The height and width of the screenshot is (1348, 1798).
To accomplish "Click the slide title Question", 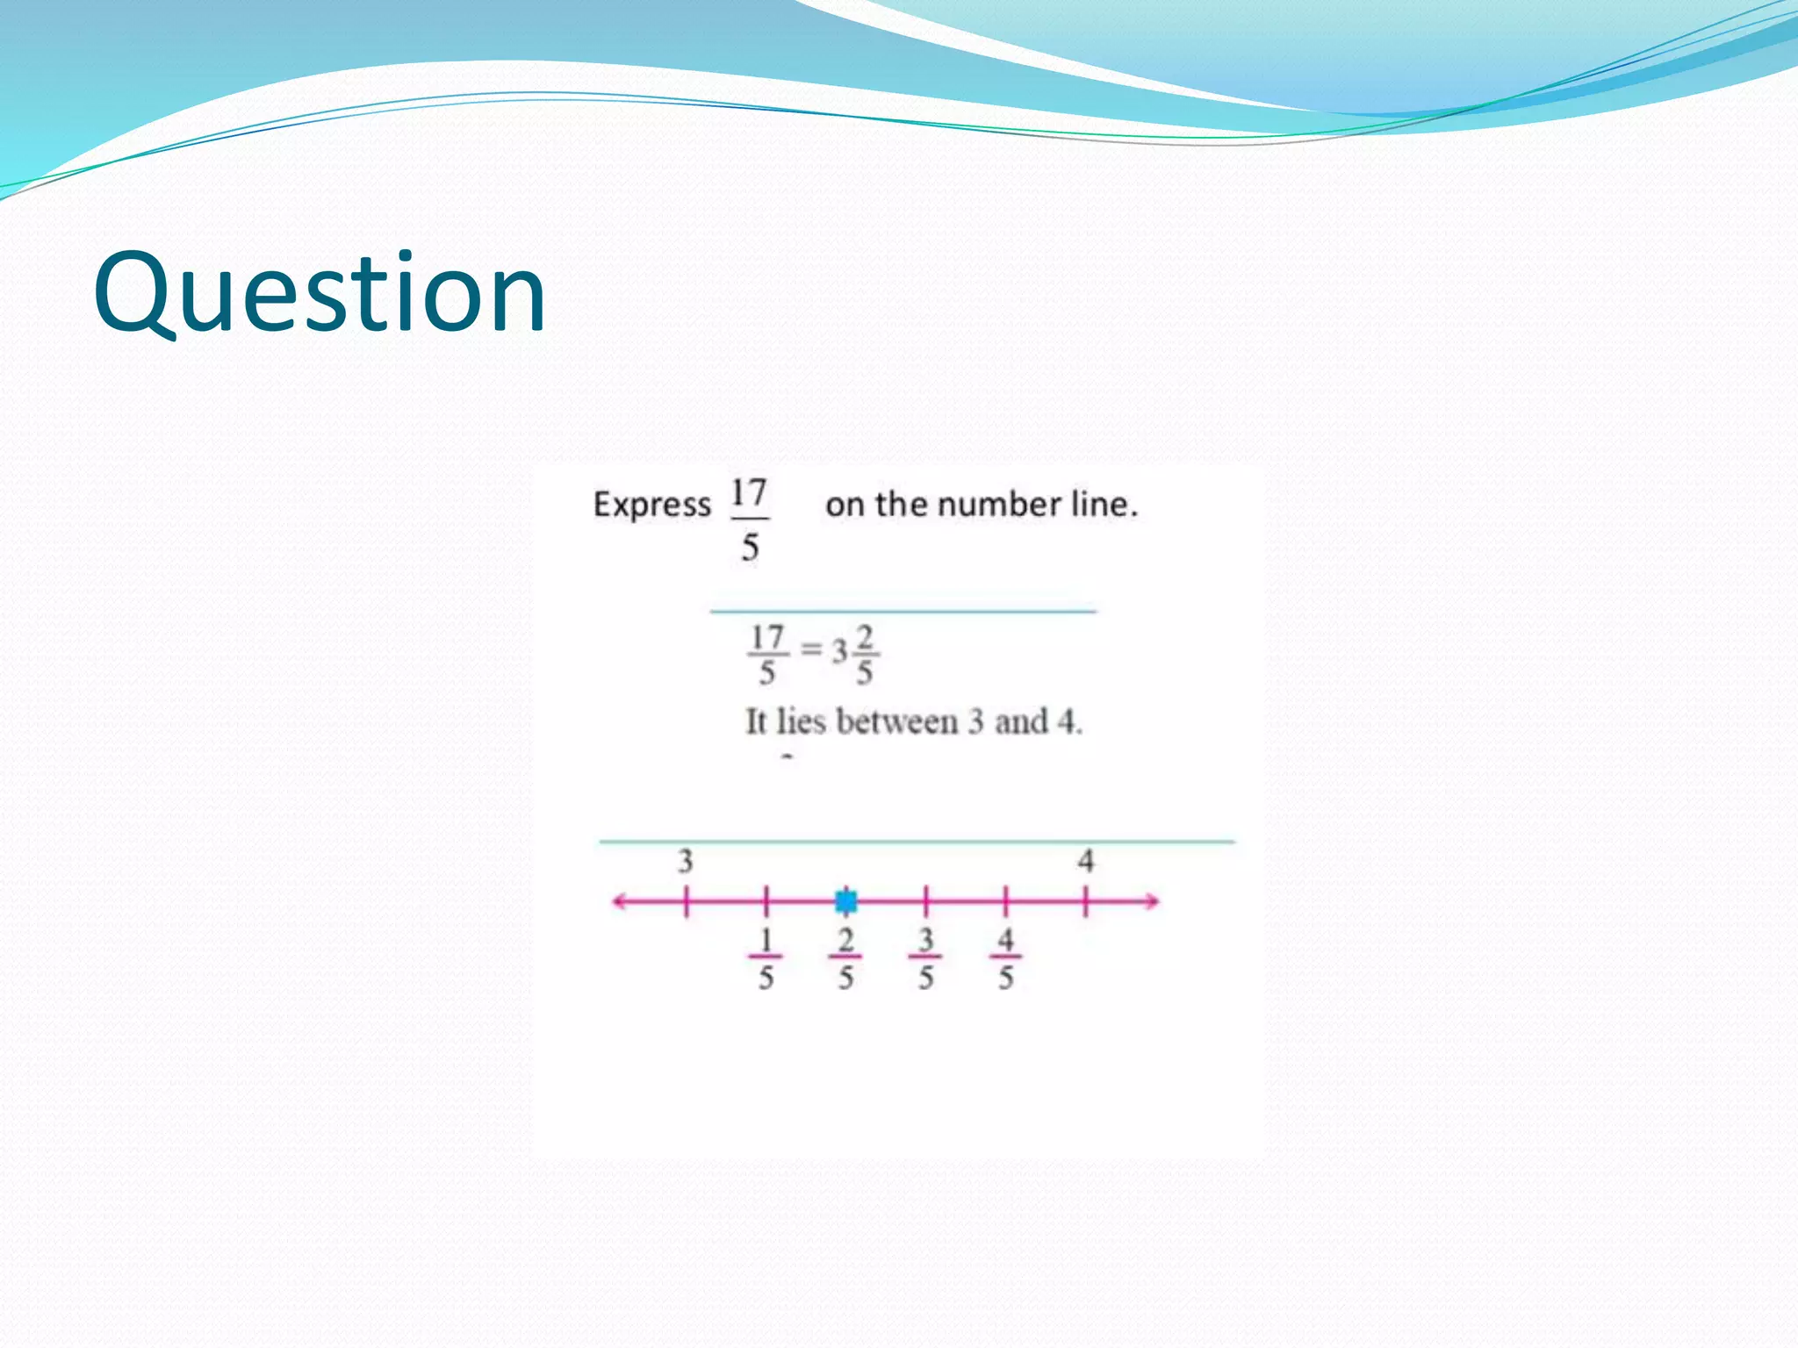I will click(320, 294).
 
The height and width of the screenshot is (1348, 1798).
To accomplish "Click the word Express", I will click(651, 505).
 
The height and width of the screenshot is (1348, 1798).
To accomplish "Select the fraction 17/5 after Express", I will click(749, 520).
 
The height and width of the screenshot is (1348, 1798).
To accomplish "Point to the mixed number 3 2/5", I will click(854, 654).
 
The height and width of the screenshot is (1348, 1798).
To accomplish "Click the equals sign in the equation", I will click(811, 650).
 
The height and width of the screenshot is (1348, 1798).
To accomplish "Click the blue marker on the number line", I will click(846, 901).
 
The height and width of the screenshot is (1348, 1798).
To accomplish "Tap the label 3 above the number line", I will click(686, 861).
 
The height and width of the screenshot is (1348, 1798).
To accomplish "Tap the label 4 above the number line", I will click(1086, 861).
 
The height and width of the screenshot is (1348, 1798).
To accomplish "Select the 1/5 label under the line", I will click(766, 958).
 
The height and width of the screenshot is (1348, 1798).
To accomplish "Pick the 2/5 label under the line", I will click(845, 958).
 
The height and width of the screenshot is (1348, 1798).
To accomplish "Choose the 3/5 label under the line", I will click(925, 958).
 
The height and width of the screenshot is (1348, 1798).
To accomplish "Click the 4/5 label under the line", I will click(1005, 958).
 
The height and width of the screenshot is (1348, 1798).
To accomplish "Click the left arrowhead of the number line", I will click(620, 901).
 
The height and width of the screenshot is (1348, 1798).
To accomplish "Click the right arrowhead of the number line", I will click(1152, 901).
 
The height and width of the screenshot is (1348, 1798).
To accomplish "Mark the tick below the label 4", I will click(1086, 901).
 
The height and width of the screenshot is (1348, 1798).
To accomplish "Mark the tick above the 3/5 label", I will click(925, 901).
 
